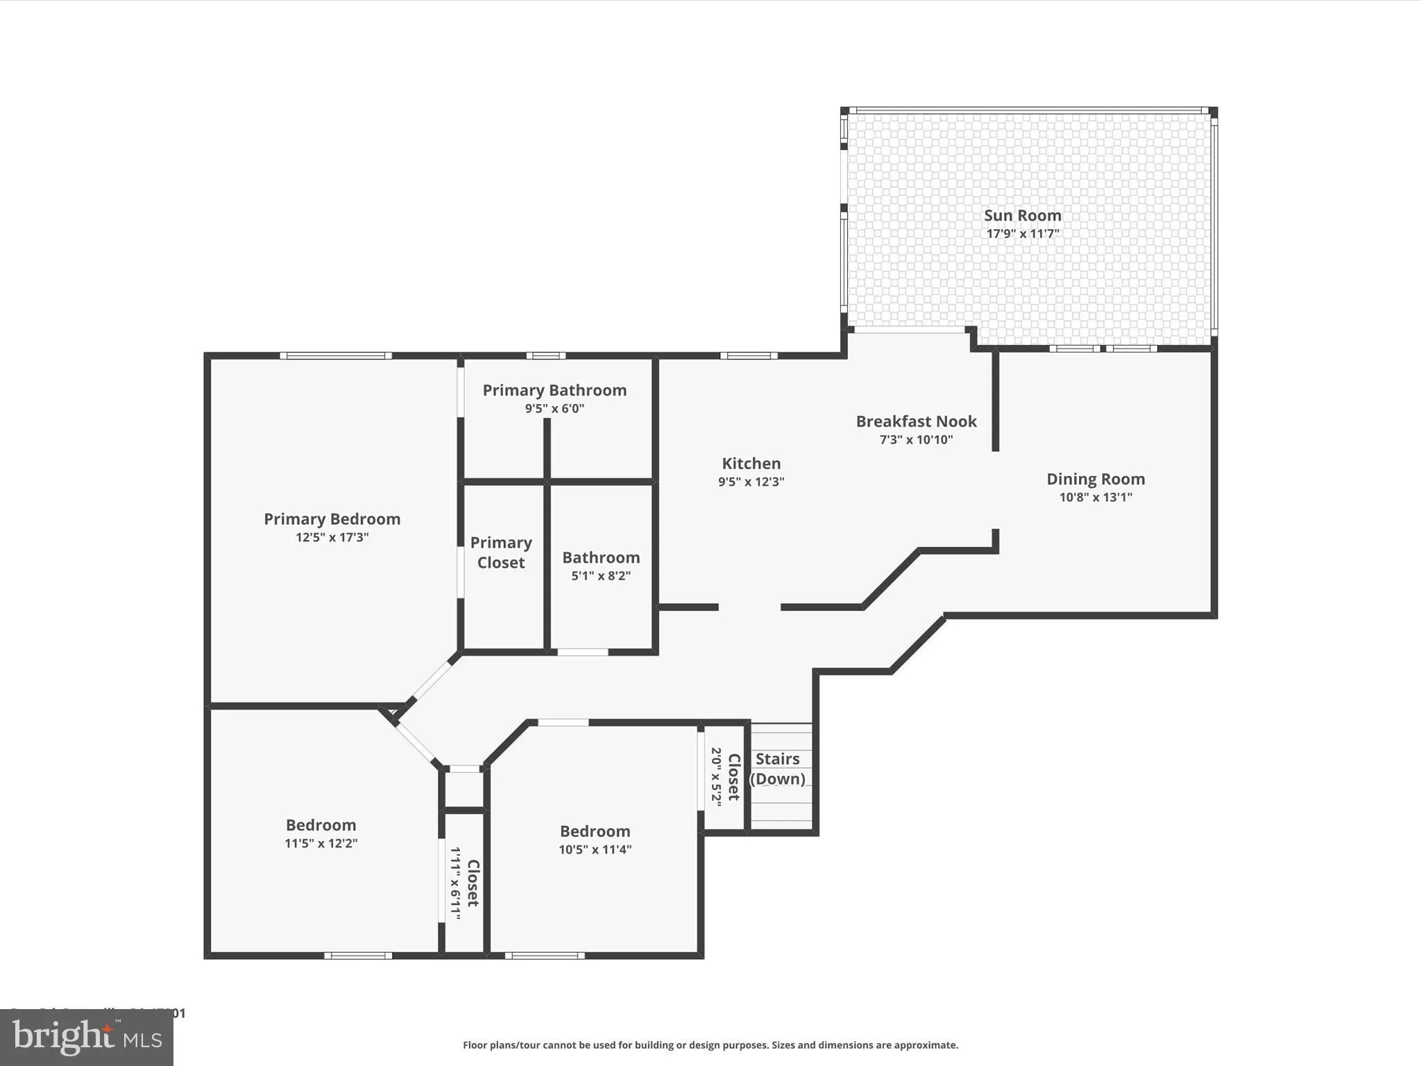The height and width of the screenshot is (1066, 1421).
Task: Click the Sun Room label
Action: (1022, 215)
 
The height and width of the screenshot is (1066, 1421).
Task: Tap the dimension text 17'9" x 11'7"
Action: (1022, 234)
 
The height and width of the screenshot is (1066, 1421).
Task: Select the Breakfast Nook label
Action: (916, 421)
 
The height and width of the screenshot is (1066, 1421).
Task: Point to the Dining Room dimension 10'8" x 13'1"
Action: (1095, 497)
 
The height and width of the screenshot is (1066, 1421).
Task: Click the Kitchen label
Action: (751, 463)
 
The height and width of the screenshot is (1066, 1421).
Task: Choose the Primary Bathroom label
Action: (554, 390)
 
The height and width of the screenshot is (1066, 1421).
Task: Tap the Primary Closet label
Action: (501, 552)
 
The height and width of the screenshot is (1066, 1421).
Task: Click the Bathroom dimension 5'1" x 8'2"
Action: (600, 575)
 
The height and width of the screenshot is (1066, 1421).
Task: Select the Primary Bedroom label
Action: (332, 518)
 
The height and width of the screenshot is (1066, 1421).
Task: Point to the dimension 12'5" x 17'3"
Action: (332, 537)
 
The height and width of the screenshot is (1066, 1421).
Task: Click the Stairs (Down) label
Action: (777, 768)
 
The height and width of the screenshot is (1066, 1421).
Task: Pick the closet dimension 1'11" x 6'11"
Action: (455, 883)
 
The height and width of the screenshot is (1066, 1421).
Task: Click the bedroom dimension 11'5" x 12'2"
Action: (321, 843)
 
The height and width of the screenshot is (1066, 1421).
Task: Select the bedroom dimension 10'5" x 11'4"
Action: (595, 849)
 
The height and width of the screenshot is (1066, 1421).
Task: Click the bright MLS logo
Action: (87, 1038)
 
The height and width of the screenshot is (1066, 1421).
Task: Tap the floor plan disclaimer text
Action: (710, 1044)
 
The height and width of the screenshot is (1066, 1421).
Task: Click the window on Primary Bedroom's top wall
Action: (336, 356)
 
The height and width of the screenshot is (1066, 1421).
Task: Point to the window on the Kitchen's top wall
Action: (748, 356)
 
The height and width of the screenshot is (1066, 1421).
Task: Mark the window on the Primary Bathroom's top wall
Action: (545, 356)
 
